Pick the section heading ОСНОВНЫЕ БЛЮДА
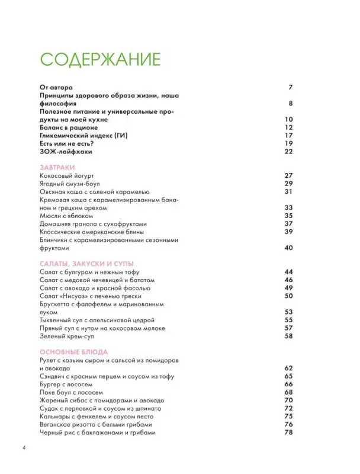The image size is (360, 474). pyautogui.click(x=75, y=351)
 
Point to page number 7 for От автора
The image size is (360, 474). pyautogui.click(x=291, y=88)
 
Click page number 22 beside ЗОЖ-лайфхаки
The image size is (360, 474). pyautogui.click(x=289, y=152)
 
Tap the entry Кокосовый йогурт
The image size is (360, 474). pyautogui.click(x=66, y=176)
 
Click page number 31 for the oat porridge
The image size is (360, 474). pyautogui.click(x=289, y=192)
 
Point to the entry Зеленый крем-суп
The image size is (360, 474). pyautogui.click(x=69, y=336)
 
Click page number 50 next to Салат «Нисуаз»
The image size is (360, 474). pyautogui.click(x=289, y=296)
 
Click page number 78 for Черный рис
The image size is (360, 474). pyautogui.click(x=289, y=433)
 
